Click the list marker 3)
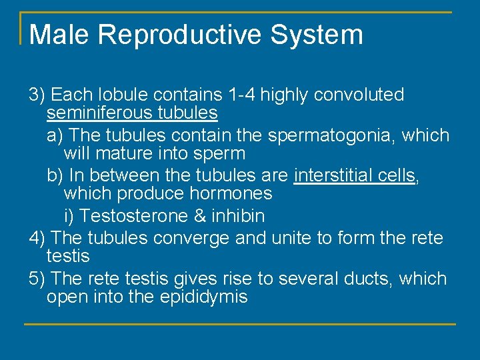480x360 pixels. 37,95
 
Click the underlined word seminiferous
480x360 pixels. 100,113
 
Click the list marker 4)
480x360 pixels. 37,237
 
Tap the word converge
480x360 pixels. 194,237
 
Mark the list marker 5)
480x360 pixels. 37,278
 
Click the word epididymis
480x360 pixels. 203,297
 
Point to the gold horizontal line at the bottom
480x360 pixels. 240,325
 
